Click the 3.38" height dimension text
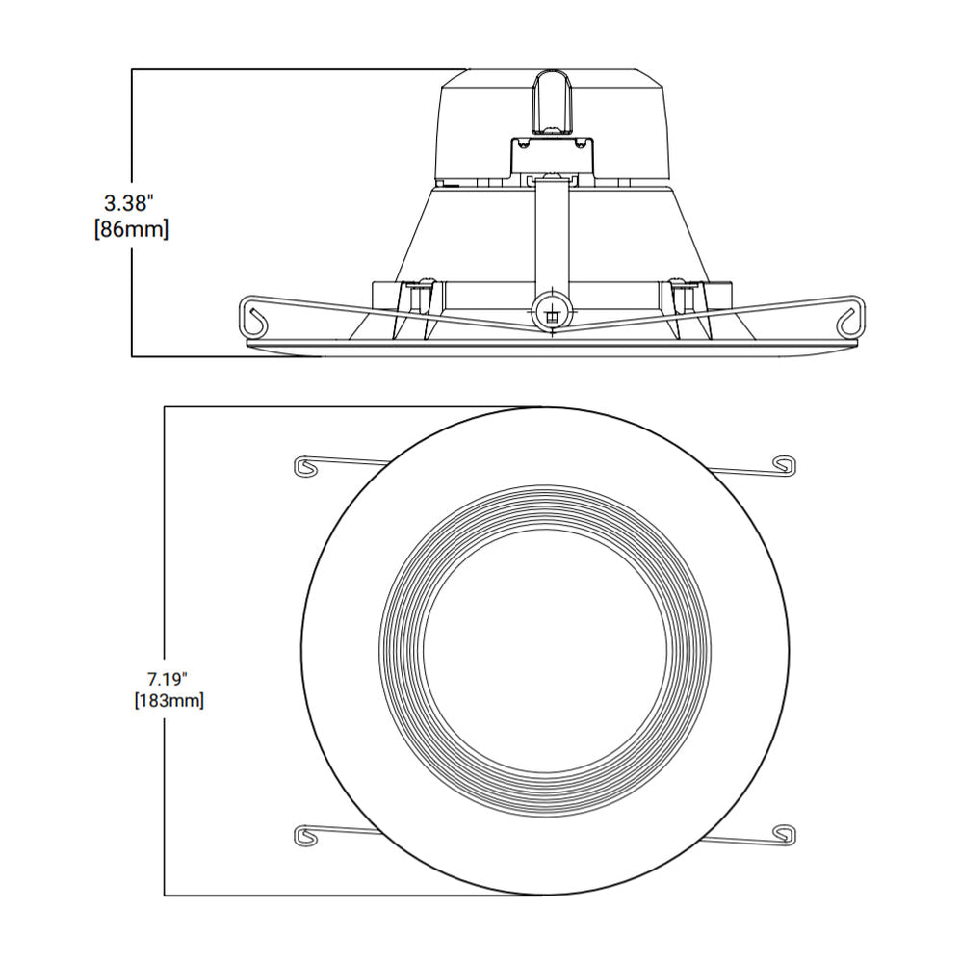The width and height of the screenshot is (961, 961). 129,203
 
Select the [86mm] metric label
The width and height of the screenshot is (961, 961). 131,230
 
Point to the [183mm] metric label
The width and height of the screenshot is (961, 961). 169,701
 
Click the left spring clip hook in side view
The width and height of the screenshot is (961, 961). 255,318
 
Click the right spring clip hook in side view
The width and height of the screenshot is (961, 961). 847,318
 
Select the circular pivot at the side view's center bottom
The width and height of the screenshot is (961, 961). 550,311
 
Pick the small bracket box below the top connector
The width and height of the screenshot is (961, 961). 551,153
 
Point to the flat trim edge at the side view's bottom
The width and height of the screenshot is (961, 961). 550,344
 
